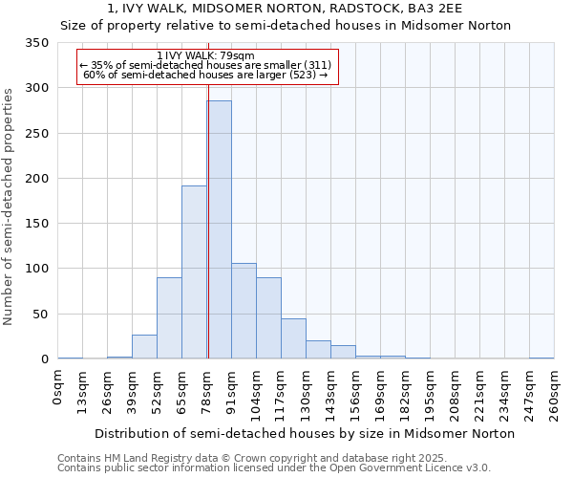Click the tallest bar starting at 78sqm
point(219,229)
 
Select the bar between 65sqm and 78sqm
point(194,272)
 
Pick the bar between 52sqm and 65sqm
point(169,318)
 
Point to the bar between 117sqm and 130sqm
point(293,338)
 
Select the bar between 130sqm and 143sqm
point(318,350)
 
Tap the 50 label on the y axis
point(40,315)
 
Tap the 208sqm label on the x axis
point(456,390)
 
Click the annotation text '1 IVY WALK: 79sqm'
point(205,56)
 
